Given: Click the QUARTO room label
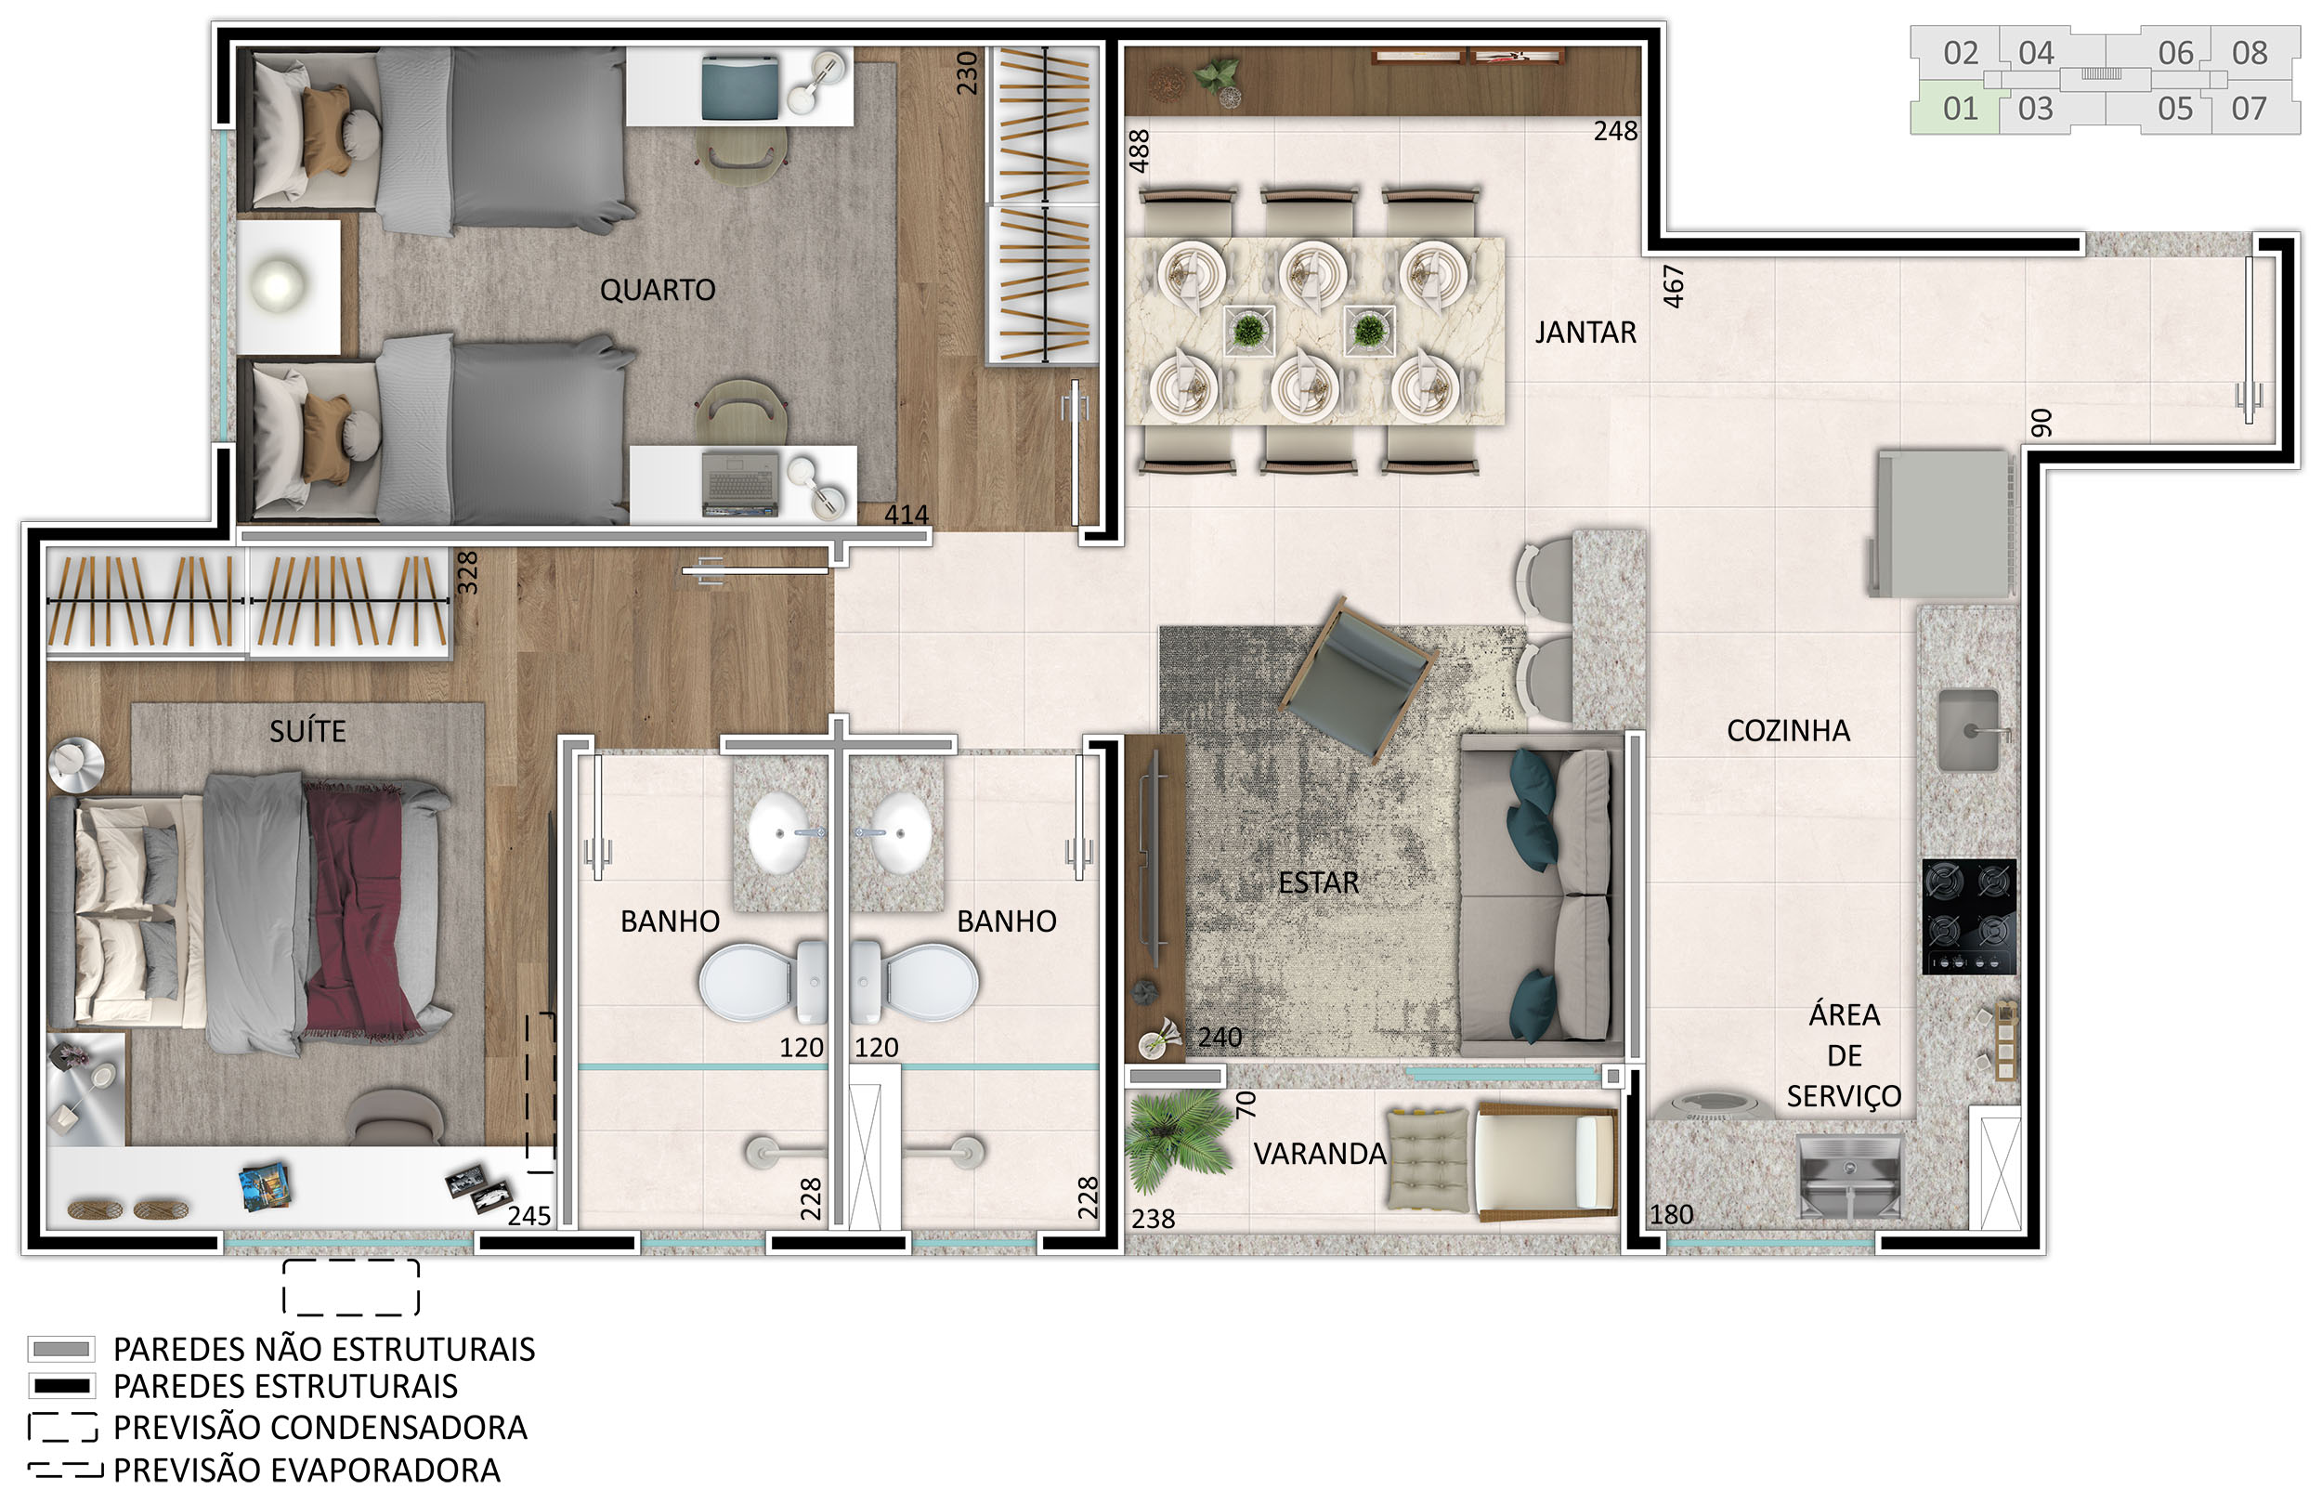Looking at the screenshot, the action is (658, 290).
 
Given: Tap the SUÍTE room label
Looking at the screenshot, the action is (307, 730).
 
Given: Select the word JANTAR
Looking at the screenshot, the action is (1585, 333).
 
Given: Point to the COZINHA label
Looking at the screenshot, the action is (1788, 731).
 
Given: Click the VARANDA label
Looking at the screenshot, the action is (1319, 1155).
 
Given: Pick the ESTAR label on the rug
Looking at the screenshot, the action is (1318, 882).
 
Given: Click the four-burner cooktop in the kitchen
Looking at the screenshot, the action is (1970, 917).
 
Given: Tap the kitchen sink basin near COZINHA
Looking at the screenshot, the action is (1969, 730).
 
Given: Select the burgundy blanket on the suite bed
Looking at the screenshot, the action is (363, 908).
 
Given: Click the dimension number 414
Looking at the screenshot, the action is (907, 515).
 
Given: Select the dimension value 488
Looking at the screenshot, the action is (1140, 151).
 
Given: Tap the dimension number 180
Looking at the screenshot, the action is (1671, 1215).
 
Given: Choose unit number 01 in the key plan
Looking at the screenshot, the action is (1960, 109).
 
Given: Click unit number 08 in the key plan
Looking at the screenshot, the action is (2250, 53).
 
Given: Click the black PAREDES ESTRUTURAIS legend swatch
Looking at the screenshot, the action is (61, 1387).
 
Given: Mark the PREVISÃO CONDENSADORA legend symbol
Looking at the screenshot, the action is (62, 1428).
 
